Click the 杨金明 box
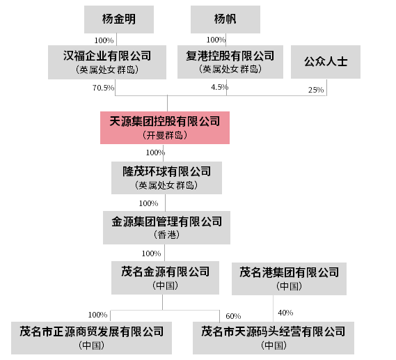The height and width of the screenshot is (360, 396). tap(119, 19)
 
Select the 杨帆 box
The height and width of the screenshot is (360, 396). tap(225, 19)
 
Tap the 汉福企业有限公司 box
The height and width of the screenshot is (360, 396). tap(107, 62)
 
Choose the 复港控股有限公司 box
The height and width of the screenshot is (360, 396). tap(230, 62)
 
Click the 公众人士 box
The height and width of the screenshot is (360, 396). tap(326, 62)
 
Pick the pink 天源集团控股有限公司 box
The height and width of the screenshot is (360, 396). tap(165, 127)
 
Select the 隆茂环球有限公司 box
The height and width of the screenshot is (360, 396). tap(167, 178)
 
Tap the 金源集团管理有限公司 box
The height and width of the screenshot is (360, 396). tap(167, 228)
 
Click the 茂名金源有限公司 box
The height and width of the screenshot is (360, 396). tap(165, 278)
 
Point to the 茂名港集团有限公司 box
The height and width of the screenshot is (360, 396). tap(290, 279)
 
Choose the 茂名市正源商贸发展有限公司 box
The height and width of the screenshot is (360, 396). tap(91, 338)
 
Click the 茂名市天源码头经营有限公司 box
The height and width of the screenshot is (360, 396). tap(274, 338)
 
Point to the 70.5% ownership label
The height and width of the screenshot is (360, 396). tap(103, 88)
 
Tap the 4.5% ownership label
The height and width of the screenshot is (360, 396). tap(220, 88)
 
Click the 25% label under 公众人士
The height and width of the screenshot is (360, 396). tap(316, 90)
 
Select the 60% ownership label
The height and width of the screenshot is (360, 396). tap(233, 316)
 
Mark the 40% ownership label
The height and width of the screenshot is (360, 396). tap(285, 313)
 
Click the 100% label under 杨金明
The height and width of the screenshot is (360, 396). tap(104, 40)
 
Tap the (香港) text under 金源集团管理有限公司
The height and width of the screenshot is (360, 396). tap(167, 235)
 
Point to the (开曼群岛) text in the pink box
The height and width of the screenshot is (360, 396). tap(165, 135)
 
